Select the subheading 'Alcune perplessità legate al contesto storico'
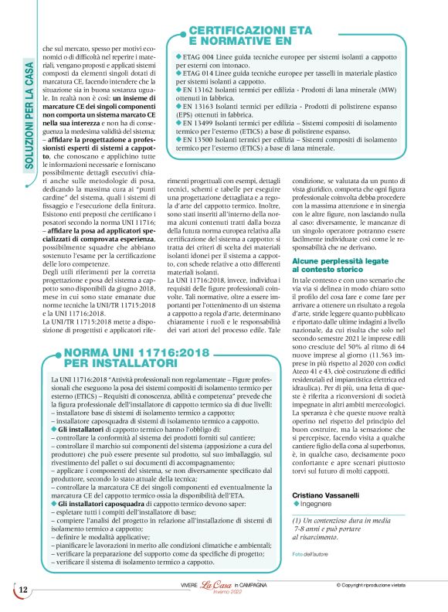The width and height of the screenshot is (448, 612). click(x=337, y=287)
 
